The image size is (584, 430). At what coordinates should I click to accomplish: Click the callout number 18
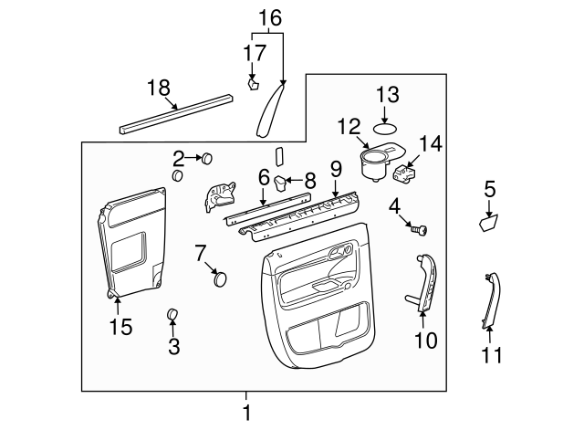(159, 88)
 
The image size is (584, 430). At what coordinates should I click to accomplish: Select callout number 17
(253, 54)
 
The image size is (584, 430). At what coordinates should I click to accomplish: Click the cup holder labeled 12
(374, 163)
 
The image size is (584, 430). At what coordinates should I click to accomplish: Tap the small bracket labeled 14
(406, 170)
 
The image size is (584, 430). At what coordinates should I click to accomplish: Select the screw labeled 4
(421, 230)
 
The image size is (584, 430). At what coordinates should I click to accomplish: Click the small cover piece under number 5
(489, 222)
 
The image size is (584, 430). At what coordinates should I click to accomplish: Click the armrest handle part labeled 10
(425, 283)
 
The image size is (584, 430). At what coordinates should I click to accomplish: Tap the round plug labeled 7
(220, 278)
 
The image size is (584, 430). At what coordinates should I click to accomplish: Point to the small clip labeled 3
(172, 316)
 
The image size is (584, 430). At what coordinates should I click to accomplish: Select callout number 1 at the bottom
(246, 413)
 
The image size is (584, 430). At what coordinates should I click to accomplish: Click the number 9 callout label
(336, 168)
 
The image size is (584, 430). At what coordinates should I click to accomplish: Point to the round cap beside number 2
(207, 158)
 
